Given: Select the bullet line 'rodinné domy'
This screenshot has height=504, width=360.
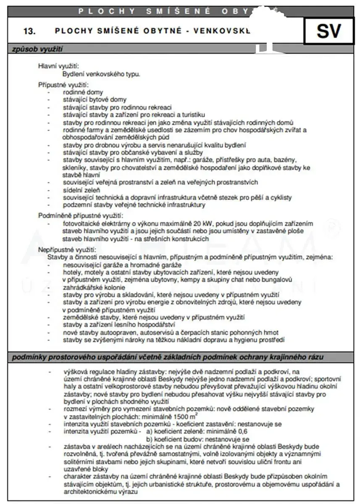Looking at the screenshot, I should [83, 92].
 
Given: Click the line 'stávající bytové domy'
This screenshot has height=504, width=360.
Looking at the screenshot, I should [95, 100].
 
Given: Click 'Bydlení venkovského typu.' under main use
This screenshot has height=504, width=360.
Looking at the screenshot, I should [101, 73].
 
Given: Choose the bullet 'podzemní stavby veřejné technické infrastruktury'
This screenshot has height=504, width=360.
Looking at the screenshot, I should [134, 205].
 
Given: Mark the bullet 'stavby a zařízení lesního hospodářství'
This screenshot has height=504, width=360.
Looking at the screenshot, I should [119, 325].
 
